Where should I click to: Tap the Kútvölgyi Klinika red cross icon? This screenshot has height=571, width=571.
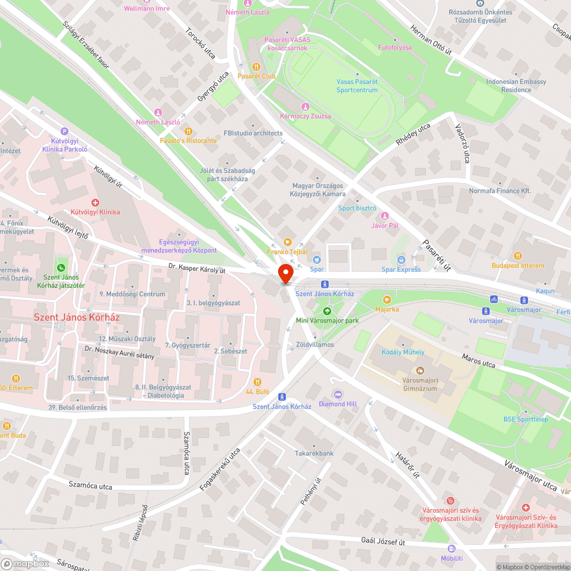click(95, 203)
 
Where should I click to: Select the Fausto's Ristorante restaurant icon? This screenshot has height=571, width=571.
click(185, 131)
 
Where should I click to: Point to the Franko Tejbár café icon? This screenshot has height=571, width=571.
click(287, 242)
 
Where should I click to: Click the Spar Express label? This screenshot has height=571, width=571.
click(401, 270)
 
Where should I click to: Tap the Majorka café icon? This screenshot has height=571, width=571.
click(387, 299)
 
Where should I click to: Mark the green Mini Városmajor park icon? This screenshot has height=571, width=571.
click(327, 311)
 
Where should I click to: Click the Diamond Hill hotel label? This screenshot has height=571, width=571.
click(337, 404)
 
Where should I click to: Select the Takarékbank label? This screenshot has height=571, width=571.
click(314, 453)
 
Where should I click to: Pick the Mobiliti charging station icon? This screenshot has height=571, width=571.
click(452, 549)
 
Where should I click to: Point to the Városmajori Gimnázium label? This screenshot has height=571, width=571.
click(420, 384)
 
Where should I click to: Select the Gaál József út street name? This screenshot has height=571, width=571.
click(383, 540)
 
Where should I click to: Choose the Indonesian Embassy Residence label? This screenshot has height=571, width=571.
click(508, 86)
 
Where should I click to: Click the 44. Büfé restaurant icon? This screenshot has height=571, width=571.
click(258, 382)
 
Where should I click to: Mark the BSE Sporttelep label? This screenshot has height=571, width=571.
click(525, 419)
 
